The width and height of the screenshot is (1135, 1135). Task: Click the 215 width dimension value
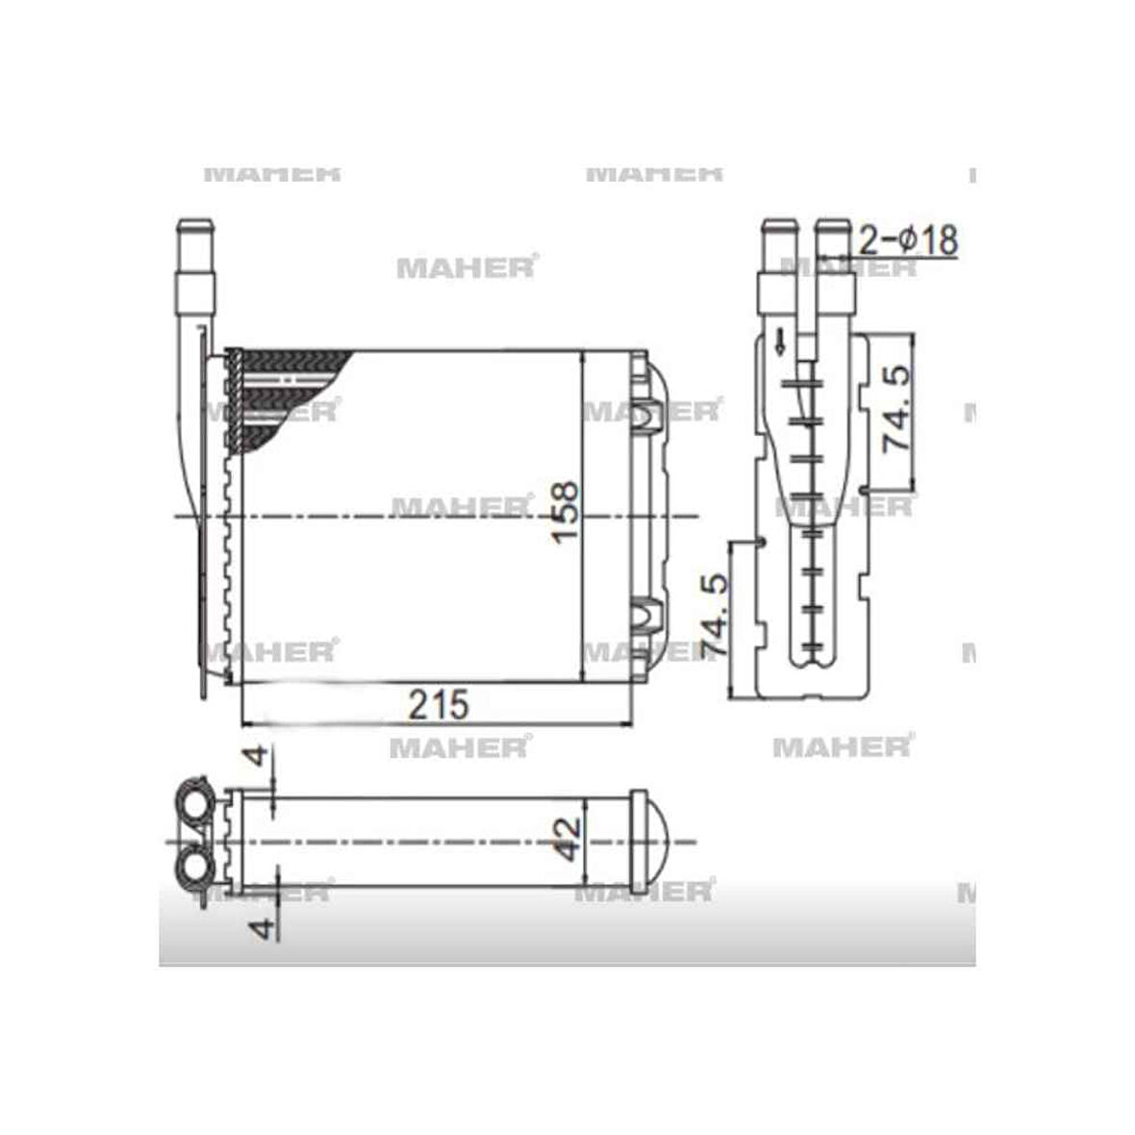[x=438, y=704]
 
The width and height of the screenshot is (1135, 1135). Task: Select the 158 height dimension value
[x=566, y=511]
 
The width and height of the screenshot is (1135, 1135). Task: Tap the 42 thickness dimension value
[x=567, y=839]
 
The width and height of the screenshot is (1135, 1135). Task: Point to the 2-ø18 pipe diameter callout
[x=907, y=239]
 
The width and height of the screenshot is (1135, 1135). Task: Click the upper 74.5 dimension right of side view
[x=896, y=409]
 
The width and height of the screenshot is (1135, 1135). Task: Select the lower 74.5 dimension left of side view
[x=716, y=616]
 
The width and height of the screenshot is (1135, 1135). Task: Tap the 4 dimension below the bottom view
[x=257, y=928]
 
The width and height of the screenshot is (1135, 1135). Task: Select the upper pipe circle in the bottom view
[x=195, y=802]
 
